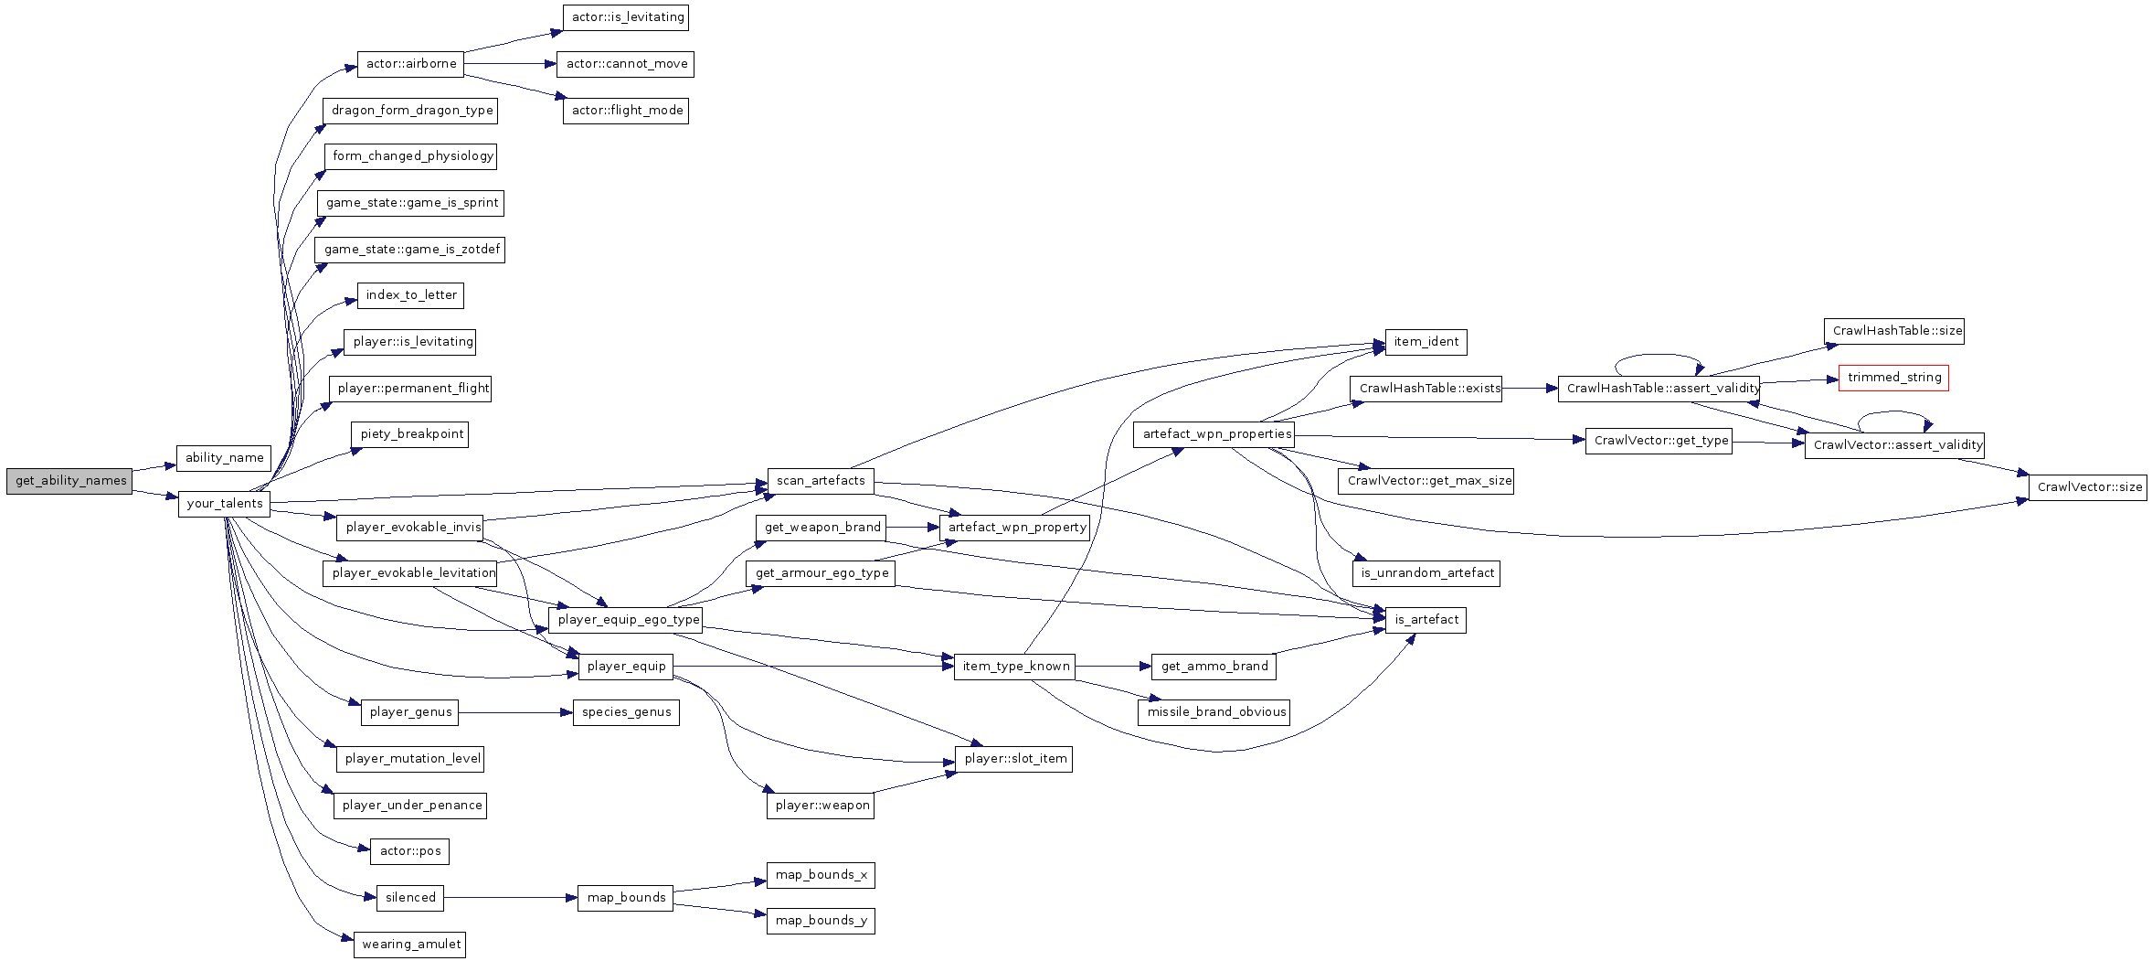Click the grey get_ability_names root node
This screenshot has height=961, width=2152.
[x=69, y=481]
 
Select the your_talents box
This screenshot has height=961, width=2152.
[x=224, y=504]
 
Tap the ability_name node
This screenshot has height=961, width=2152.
[x=224, y=457]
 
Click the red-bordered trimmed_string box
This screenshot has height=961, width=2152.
[x=1893, y=378]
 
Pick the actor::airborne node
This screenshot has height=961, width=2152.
[x=411, y=64]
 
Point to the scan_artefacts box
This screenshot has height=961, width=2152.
[x=821, y=481]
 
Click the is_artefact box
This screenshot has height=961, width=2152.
[x=1426, y=620]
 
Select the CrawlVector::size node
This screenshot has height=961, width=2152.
[x=2087, y=487]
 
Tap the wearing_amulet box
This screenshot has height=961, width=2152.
[x=410, y=945]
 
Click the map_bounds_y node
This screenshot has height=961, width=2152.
[x=821, y=921]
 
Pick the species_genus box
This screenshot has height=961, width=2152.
[x=626, y=712]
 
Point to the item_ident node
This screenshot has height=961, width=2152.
[x=1426, y=342]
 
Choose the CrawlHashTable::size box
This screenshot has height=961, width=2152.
[x=1893, y=331]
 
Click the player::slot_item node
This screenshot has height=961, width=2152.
[x=1013, y=759]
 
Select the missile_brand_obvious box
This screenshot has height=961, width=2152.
[x=1214, y=712]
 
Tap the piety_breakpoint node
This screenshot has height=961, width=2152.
[x=410, y=434]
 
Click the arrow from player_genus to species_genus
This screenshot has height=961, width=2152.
[x=515, y=712]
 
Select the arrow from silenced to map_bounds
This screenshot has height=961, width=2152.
[x=511, y=898]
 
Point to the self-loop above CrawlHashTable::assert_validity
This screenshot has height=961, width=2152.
[x=1659, y=355]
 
